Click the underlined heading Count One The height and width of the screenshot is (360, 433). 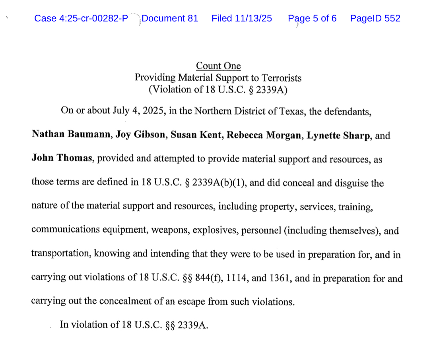coord(218,66)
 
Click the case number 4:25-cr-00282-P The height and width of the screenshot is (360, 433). coord(95,18)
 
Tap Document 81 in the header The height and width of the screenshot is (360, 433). coord(170,18)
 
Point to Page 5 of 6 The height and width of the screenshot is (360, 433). coord(312,18)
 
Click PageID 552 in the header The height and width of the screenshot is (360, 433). coord(375,18)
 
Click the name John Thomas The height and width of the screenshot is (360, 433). coord(62,158)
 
